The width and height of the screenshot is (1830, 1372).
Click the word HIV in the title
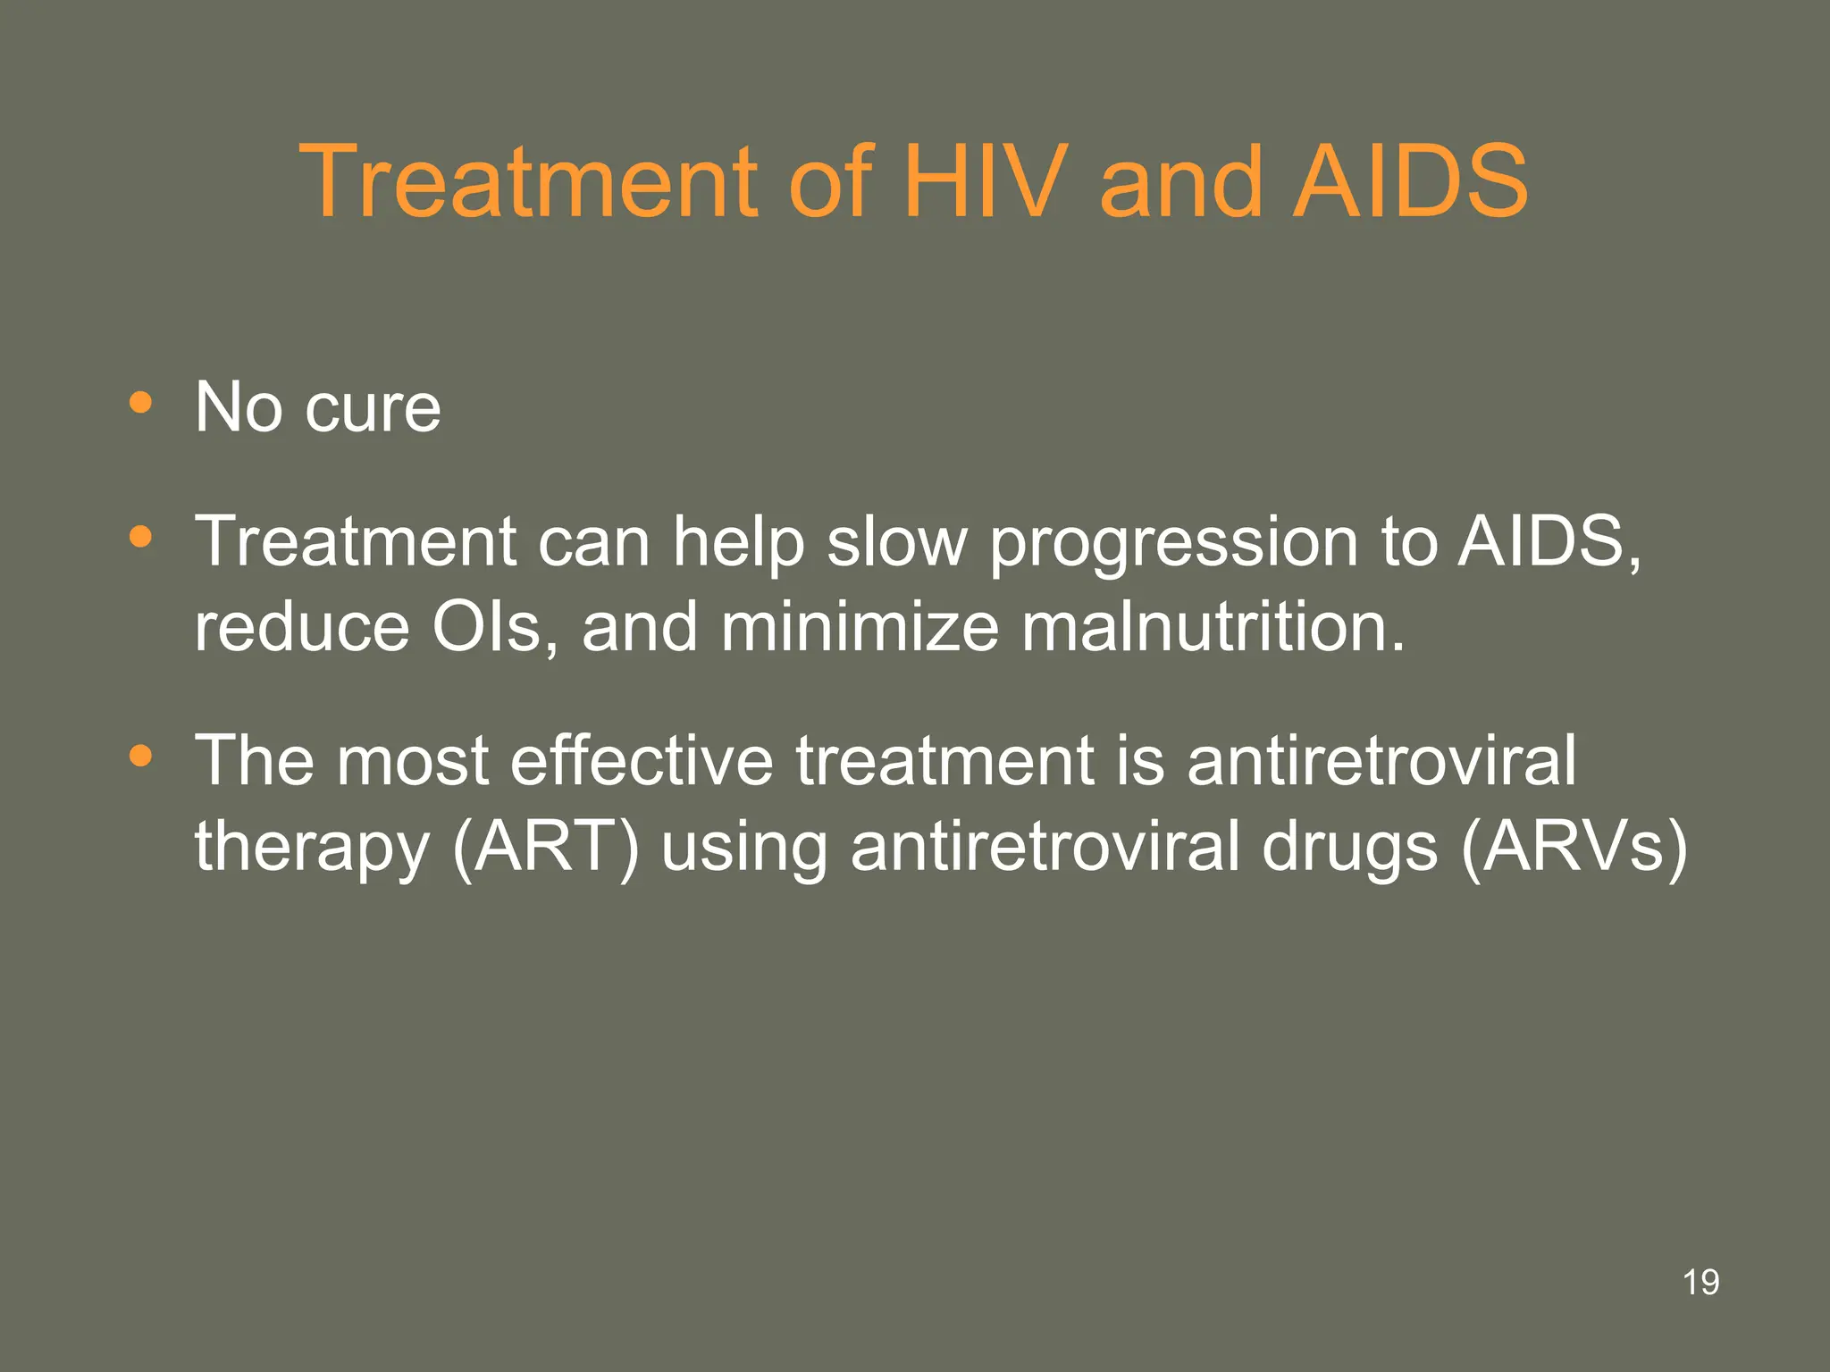pos(986,182)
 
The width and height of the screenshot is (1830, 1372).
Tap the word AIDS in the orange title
pos(1411,182)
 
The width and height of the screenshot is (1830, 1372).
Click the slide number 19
pos(1700,1283)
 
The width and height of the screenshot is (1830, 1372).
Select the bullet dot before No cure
pos(140,402)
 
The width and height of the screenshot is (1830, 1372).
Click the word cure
pos(373,409)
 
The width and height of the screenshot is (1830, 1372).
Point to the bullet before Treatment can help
pos(140,537)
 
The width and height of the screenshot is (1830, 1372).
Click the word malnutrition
pos(1213,627)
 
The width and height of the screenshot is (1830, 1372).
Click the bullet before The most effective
pos(140,757)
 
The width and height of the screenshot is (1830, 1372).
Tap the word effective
pos(641,760)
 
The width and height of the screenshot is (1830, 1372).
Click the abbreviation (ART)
pos(546,847)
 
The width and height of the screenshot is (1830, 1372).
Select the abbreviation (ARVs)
pos(1574,847)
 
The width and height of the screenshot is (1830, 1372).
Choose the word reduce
pos(302,627)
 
